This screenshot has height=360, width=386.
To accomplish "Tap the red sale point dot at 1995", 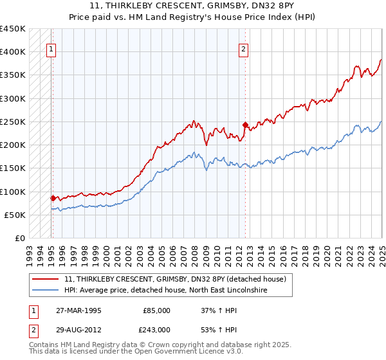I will point(53,198).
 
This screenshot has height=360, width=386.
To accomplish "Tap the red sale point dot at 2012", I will point(245,125).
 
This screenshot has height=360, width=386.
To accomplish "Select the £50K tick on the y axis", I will point(15,215).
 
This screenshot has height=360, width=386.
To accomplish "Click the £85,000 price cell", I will point(156,310).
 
